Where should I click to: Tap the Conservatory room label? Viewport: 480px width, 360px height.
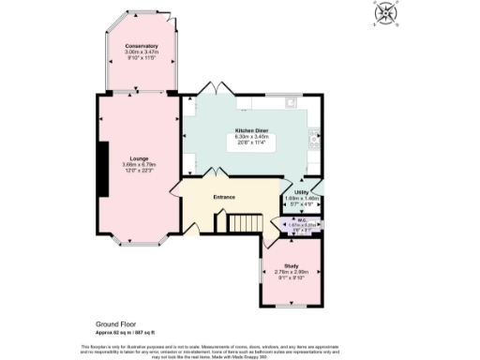142,46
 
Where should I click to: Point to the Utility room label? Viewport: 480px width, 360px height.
302,190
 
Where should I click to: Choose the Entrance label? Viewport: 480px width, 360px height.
224,197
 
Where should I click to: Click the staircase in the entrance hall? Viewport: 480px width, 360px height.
245,223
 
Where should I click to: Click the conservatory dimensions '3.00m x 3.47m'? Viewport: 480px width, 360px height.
142,52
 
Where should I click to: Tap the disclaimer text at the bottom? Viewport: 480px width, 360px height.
240,350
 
